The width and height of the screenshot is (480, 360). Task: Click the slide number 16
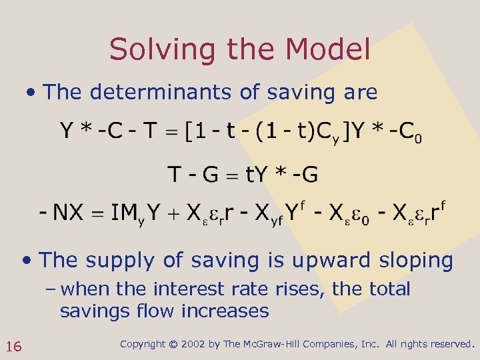pos(13,346)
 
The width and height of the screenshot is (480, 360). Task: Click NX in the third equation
pos(68,213)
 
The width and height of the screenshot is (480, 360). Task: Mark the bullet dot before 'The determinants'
pos(31,92)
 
